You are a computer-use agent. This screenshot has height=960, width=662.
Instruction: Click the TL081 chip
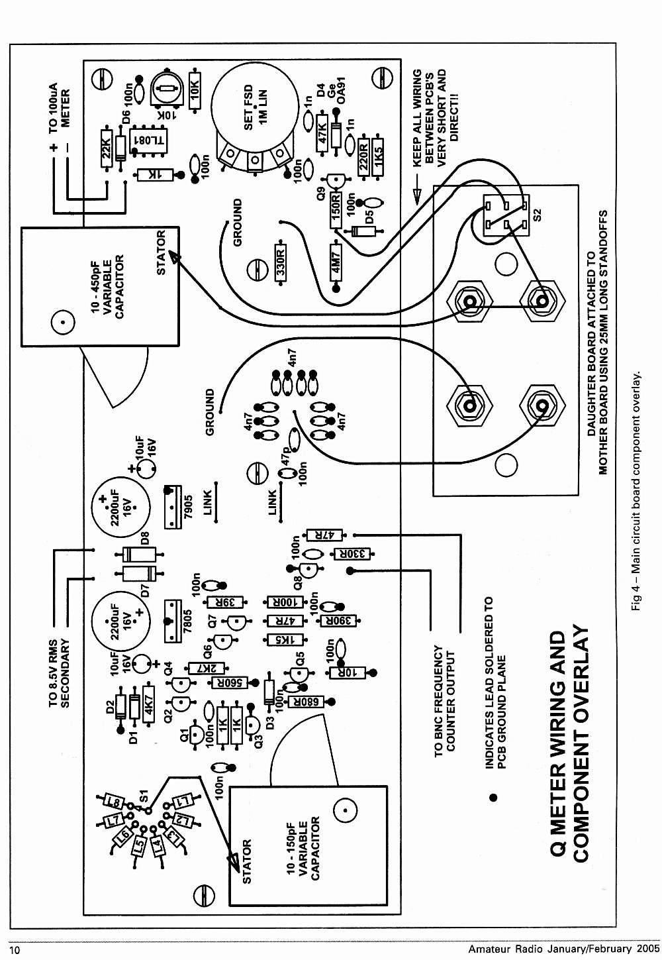149,140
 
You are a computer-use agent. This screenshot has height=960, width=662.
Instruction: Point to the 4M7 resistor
336,262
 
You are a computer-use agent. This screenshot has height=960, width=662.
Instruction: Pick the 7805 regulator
173,621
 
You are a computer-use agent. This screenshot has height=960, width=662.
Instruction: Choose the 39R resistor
225,602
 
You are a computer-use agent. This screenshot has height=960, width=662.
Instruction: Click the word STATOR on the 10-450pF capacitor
161,252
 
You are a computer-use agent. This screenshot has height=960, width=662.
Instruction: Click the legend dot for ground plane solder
493,798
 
